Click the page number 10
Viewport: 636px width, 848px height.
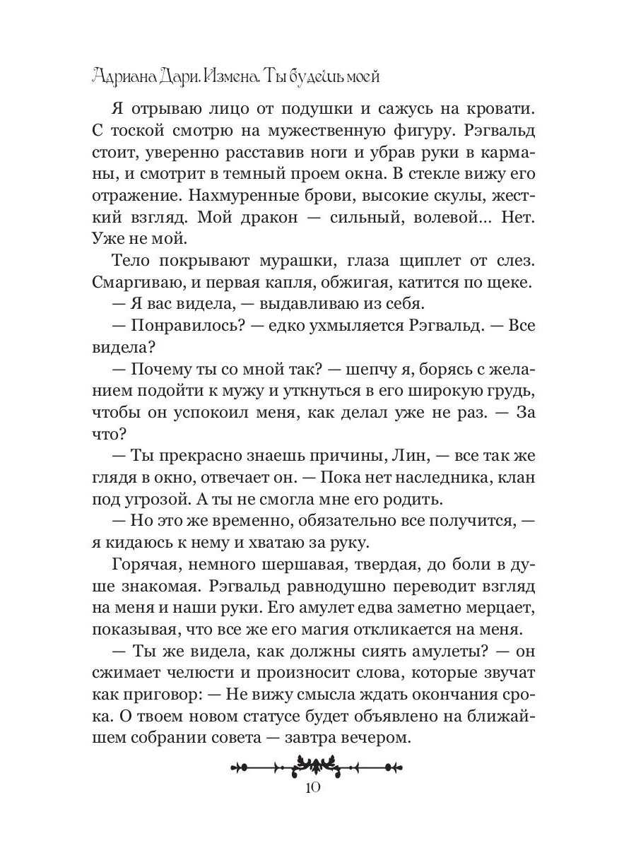317,789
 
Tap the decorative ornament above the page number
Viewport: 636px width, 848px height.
317,765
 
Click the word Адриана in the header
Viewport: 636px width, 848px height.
122,76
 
